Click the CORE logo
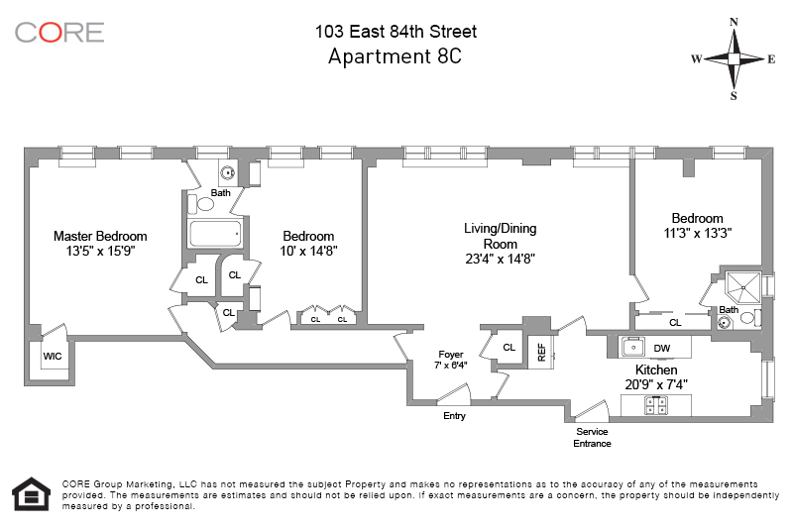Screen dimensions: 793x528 [59, 33]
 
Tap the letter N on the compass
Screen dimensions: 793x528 [734, 22]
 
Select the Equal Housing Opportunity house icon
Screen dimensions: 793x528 [31, 493]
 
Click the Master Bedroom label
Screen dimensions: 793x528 [100, 236]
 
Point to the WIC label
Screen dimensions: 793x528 [53, 357]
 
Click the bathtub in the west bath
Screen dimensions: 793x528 [215, 234]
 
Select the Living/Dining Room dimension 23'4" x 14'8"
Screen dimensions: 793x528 [501, 259]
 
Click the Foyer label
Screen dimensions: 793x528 [451, 355]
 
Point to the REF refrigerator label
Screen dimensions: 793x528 [541, 353]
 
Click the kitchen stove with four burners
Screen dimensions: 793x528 [656, 405]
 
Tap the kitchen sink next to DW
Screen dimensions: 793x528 [633, 348]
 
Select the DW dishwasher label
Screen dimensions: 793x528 [661, 348]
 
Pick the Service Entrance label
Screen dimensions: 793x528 [592, 438]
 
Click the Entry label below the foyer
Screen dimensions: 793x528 [454, 416]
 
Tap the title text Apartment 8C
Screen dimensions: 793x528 [395, 56]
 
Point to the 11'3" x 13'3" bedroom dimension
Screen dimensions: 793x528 [698, 233]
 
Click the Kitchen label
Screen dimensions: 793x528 [656, 370]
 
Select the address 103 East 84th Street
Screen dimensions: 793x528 [396, 32]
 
